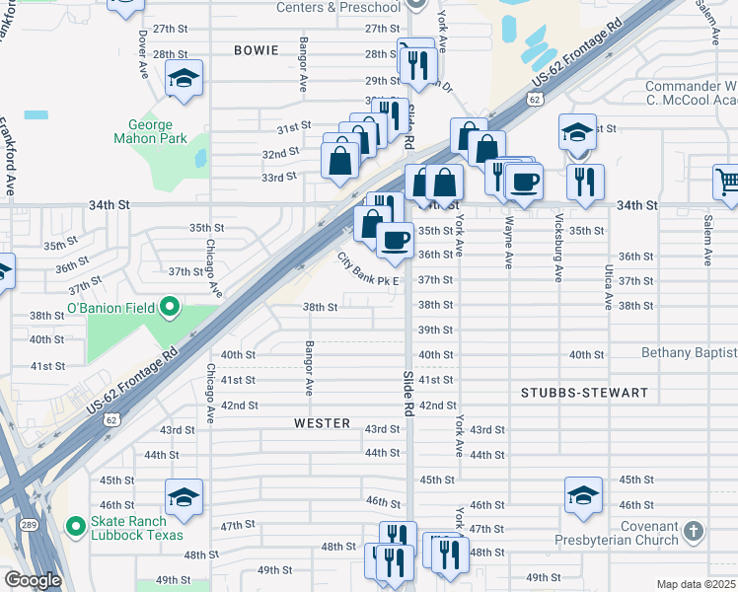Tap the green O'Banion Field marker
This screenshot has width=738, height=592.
(x=169, y=309)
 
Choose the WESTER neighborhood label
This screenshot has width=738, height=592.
(x=322, y=423)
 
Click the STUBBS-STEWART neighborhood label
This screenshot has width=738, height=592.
(x=584, y=393)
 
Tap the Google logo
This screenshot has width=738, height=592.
(x=33, y=580)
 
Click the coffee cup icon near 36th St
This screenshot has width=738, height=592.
(x=396, y=240)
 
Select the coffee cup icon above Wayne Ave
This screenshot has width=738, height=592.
(x=524, y=182)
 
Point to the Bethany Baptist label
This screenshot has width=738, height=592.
(x=689, y=353)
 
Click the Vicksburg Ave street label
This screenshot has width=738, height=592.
(x=558, y=246)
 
